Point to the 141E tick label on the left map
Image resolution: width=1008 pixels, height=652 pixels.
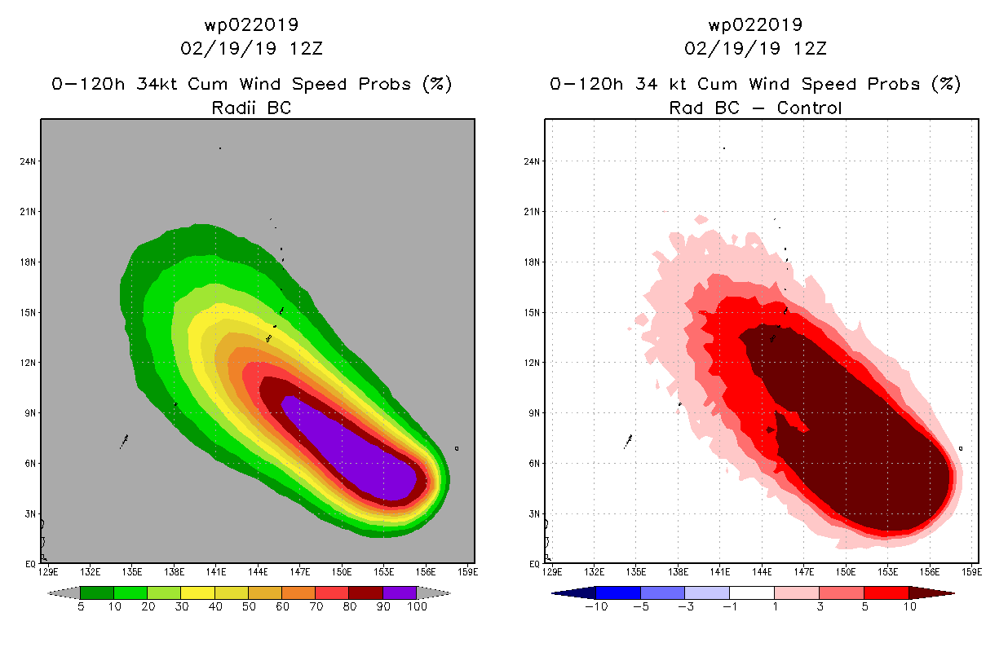click(216, 571)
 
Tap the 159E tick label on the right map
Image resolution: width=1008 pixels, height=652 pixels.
click(972, 571)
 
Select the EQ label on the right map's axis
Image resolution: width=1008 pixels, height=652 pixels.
click(533, 564)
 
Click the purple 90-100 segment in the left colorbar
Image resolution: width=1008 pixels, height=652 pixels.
click(400, 593)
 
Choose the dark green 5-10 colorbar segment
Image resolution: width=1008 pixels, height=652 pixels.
click(97, 593)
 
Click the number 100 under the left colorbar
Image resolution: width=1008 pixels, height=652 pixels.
click(417, 606)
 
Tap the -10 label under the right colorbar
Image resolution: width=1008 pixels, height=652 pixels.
click(595, 606)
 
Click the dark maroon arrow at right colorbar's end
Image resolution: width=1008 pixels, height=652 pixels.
click(931, 593)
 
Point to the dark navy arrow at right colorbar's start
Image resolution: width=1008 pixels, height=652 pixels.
click(574, 593)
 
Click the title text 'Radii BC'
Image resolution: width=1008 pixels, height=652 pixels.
click(251, 108)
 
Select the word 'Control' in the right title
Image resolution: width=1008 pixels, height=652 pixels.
click(809, 108)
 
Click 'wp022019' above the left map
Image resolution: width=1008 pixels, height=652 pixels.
click(251, 26)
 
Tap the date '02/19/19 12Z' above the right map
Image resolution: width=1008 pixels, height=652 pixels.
click(755, 48)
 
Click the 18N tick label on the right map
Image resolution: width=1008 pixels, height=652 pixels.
click(531, 262)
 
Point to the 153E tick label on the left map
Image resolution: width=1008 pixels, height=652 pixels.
click(384, 571)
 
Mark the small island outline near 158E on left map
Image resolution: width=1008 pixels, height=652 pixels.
click(457, 447)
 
